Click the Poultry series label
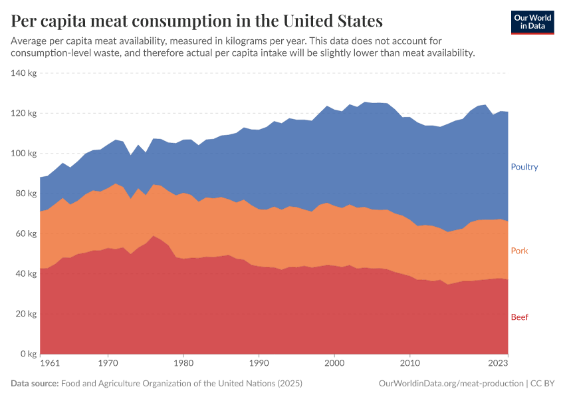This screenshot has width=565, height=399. [524, 167]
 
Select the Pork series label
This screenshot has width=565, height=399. [519, 251]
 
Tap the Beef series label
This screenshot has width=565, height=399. [519, 317]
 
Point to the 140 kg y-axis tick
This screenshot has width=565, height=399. [23, 73]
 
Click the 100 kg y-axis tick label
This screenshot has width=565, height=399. [23, 154]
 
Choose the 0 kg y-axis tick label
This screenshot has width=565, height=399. [28, 354]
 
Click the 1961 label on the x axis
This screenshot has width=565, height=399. [49, 364]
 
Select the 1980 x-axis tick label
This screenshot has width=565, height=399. [183, 364]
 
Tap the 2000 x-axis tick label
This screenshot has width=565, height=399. [334, 364]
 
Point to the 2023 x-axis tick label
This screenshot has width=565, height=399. [498, 364]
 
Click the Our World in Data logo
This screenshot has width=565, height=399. [532, 22]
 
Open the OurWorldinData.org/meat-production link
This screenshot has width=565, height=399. [450, 384]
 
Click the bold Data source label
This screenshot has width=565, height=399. [35, 384]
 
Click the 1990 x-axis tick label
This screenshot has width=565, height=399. [259, 364]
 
